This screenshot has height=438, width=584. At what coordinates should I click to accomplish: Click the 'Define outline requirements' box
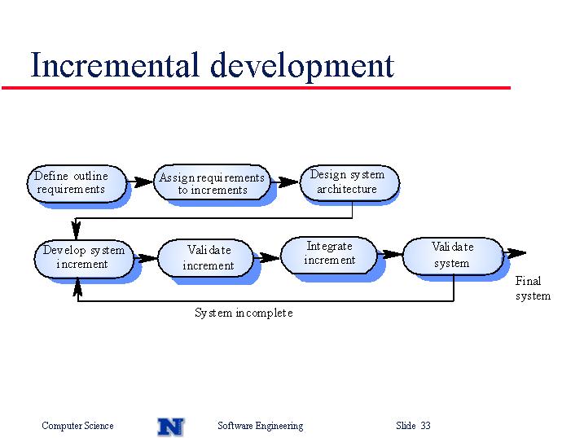77,184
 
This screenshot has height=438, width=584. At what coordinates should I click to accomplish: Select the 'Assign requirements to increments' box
212,182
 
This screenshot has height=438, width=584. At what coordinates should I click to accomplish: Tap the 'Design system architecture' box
349,182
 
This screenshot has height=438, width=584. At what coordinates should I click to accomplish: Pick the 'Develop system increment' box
84,260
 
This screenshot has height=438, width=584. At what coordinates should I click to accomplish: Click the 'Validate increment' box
205,258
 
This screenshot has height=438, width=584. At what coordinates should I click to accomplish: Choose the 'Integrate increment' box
328,255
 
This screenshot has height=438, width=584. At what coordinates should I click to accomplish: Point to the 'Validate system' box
453,256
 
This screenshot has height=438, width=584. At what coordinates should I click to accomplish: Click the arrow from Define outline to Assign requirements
140,182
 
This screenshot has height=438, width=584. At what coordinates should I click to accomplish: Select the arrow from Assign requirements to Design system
284,182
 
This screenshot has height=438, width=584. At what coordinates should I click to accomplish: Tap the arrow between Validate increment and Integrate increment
266,257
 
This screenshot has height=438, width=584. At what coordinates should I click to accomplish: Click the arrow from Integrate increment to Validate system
389,255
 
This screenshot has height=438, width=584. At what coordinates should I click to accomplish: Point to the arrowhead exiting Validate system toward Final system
517,253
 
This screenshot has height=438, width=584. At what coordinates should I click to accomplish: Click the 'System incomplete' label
244,313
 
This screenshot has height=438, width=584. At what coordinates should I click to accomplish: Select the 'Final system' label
533,288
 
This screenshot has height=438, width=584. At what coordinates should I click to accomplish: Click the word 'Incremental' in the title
114,65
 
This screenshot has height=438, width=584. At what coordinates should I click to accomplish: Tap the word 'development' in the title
302,66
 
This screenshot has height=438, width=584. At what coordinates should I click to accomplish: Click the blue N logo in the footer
170,427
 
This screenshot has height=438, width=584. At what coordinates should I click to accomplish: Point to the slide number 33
426,425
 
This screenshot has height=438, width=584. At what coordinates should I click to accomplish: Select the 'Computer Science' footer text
77,426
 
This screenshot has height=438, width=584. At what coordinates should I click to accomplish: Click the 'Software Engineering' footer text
261,426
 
